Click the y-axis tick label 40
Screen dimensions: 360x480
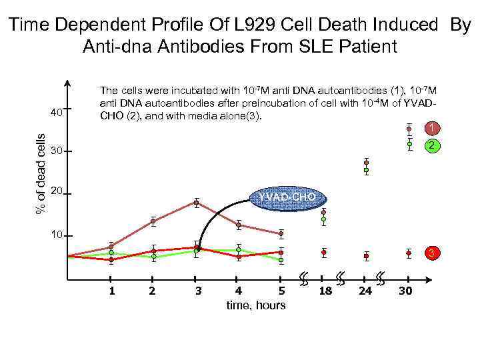(56, 112)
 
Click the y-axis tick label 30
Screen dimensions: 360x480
(56, 152)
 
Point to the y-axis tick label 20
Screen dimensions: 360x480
(56, 191)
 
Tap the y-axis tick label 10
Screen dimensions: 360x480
(56, 235)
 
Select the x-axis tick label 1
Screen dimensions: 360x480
(112, 291)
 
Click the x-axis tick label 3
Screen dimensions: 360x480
(198, 291)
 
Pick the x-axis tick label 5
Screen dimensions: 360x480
(281, 291)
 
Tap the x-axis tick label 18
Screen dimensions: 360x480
(325, 291)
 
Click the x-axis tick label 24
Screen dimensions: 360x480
(365, 291)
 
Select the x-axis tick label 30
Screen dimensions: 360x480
(406, 291)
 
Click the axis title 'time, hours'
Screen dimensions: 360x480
(256, 305)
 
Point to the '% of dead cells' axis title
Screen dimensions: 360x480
(41, 173)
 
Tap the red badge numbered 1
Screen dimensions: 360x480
(432, 127)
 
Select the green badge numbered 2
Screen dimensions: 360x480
(432, 145)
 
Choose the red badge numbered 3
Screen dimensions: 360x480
(432, 253)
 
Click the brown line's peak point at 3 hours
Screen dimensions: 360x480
(197, 202)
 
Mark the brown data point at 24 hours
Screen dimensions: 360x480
(366, 163)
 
